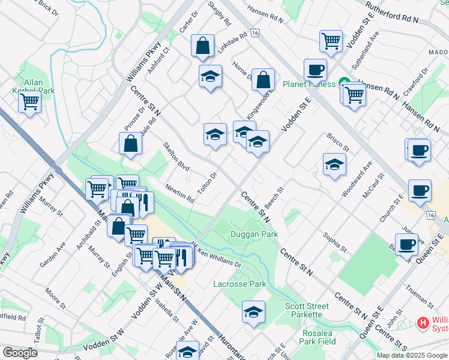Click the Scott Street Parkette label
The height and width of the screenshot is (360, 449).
pos(307,310)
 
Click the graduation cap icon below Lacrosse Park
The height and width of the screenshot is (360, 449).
pos(254,311)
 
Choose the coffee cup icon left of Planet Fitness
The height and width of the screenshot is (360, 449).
pos(315,70)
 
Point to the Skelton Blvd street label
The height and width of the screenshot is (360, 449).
pos(176,155)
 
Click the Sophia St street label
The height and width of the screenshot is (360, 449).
pos(335,241)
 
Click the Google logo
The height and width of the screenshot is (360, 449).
pos(20,353)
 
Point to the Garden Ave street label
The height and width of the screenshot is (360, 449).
pos(52,256)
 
